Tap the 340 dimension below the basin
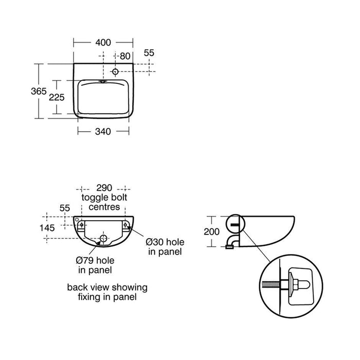pos(103,131)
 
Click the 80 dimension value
pos(125,56)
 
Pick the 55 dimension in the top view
pos(149,52)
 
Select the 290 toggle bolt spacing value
pos(104,189)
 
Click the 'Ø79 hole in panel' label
pos(95,264)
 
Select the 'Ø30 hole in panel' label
pos(165,246)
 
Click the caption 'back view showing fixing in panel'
pos(107,292)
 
